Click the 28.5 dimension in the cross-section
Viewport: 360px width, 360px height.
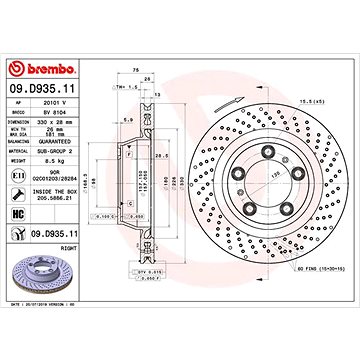(x=162, y=157)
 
